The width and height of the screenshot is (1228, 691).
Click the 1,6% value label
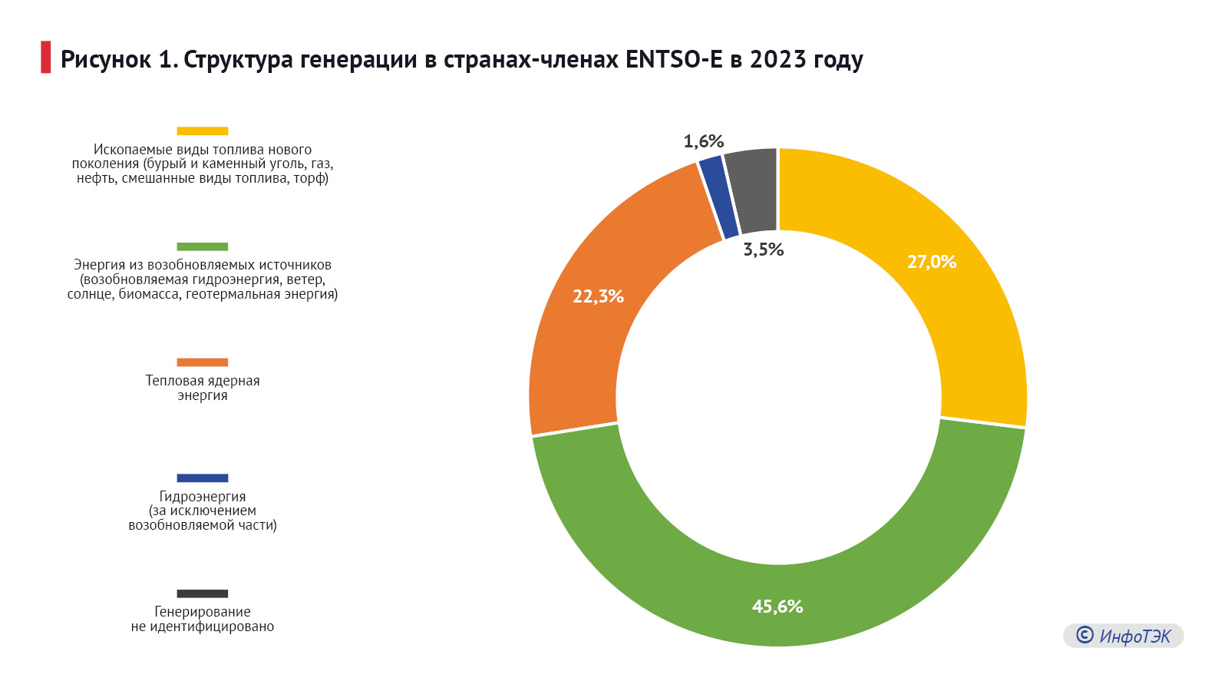[x=703, y=141]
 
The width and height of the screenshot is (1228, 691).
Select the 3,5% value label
[x=763, y=250]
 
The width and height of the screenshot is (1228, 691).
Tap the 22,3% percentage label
[x=598, y=296]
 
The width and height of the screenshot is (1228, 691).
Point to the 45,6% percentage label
[x=777, y=607]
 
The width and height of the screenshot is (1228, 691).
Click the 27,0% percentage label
[x=931, y=262]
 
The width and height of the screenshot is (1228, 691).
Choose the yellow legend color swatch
[x=203, y=131]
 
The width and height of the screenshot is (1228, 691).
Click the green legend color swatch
[x=203, y=246]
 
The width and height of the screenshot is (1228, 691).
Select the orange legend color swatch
[x=203, y=362]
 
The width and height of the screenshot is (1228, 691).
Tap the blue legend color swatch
[x=203, y=478]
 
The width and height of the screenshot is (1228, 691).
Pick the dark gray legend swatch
[x=203, y=593]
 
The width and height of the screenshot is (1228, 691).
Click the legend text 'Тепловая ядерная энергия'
[x=203, y=388]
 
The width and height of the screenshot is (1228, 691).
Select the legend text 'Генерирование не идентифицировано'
[x=203, y=619]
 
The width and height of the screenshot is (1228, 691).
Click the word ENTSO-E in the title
[x=674, y=59]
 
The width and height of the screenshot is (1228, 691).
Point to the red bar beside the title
[x=45, y=58]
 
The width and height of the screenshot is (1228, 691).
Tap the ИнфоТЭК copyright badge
[x=1123, y=636]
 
